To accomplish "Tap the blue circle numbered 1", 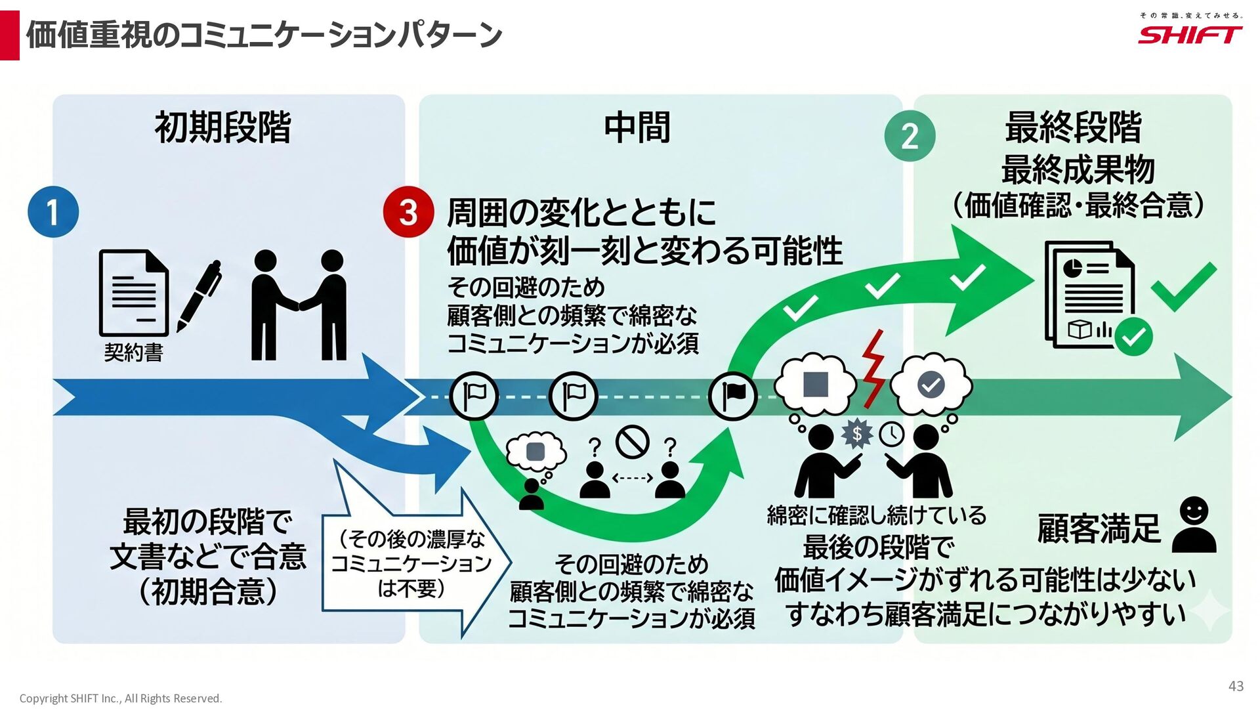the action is (x=53, y=212).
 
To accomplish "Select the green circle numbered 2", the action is (x=910, y=136).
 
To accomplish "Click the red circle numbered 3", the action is (x=408, y=212).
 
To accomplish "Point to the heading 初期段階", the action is (x=223, y=127).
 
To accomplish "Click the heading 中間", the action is (x=637, y=127).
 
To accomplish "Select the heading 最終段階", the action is (x=1074, y=127).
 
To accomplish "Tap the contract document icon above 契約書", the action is (x=134, y=293).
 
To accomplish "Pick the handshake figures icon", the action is (x=299, y=305).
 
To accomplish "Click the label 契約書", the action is (x=134, y=353).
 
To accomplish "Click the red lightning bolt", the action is (x=873, y=369).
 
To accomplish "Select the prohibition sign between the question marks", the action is (x=633, y=442).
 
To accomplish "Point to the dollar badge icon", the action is (x=856, y=434).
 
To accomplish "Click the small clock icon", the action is (x=892, y=434).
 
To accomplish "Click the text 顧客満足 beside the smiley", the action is (x=1099, y=528).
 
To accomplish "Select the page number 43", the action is (x=1236, y=686).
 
